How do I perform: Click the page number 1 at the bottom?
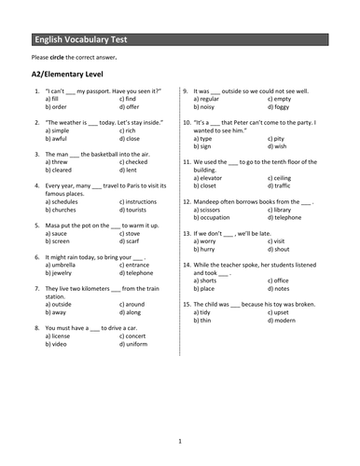(x=180, y=441)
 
